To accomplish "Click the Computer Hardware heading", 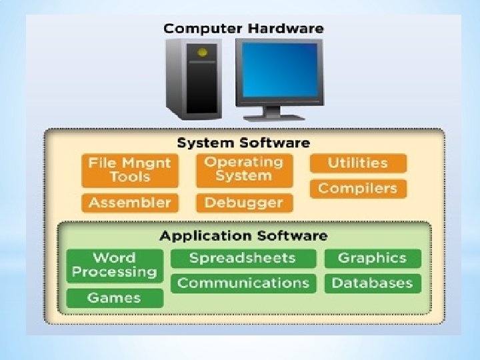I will click(243, 28).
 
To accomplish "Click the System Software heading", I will click(243, 143).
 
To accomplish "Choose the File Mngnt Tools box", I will click(130, 170).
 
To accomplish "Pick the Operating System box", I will click(243, 169).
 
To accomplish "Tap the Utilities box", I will click(357, 163).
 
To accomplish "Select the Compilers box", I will click(357, 188).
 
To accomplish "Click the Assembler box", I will click(130, 203).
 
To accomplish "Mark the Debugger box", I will click(243, 203).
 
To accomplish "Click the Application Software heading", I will click(243, 235).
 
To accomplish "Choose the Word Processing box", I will click(114, 265).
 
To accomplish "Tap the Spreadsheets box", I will click(242, 258).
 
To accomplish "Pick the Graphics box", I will click(372, 258).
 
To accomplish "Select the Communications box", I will click(243, 283).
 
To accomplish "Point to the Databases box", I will click(372, 283).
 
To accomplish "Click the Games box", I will click(114, 298).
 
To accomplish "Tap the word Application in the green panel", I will click(197, 235).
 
